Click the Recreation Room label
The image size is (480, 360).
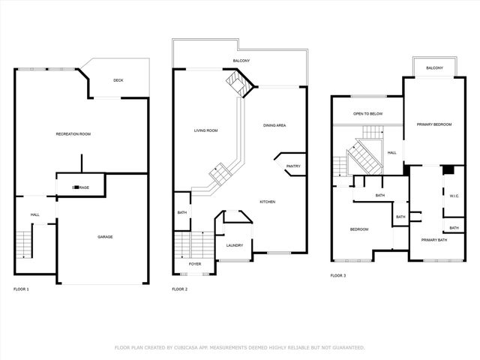click(73, 133)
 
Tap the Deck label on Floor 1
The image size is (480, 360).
click(118, 81)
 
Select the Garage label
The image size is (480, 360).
click(105, 237)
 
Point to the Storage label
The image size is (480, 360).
click(80, 187)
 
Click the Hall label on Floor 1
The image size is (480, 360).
click(34, 214)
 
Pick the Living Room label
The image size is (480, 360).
click(206, 130)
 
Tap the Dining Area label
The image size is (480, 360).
click(274, 124)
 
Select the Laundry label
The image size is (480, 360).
click(234, 244)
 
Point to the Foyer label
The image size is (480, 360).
click(194, 264)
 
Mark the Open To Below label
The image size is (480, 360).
click(368, 114)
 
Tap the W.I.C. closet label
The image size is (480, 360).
click(454, 196)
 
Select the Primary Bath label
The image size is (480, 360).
click(434, 240)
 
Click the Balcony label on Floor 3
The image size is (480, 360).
click(434, 68)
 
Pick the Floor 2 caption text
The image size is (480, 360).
click(180, 289)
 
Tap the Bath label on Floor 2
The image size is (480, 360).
click(182, 212)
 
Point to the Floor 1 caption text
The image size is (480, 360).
click(21, 289)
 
